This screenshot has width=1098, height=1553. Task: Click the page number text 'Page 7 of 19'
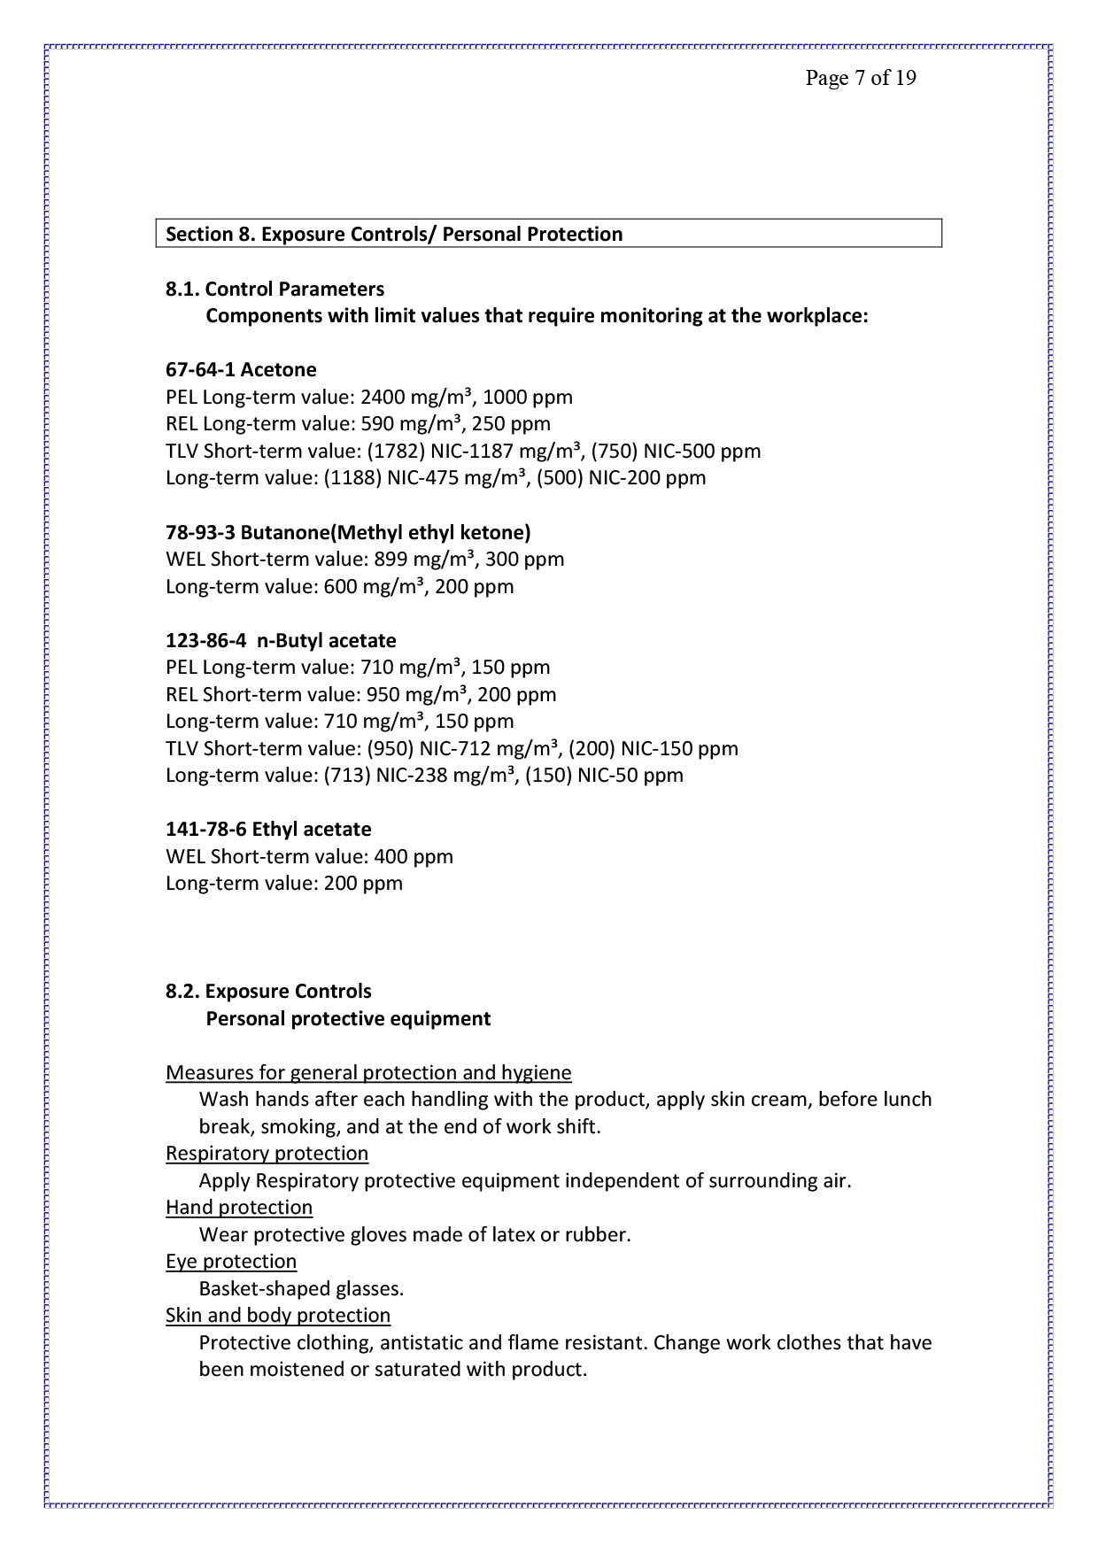(860, 78)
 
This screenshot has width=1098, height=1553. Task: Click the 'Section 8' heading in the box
(394, 234)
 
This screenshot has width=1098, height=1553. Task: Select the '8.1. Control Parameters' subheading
(274, 289)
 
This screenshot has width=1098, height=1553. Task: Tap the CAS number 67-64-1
(200, 369)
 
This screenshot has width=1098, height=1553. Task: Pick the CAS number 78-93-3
(200, 532)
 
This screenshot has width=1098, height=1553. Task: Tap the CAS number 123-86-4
(205, 640)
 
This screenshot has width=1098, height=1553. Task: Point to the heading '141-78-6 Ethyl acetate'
(268, 829)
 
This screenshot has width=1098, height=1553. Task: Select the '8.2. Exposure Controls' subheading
(268, 991)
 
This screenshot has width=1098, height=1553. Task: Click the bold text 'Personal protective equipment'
(348, 1018)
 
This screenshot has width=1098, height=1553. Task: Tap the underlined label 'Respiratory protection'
(267, 1153)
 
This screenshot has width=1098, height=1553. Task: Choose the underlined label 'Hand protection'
(239, 1207)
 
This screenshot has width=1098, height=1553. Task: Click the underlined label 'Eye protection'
(231, 1261)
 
